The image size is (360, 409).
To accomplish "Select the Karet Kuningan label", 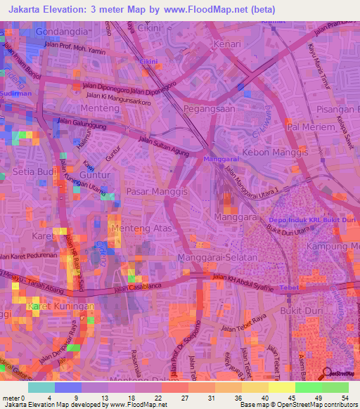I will tap(60, 307).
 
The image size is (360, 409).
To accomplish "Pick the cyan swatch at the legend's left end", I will tap(41, 387).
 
